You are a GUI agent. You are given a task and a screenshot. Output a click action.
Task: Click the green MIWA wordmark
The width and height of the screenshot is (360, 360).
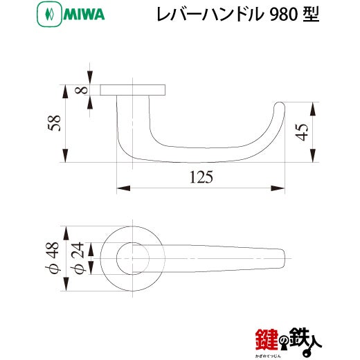[84, 15]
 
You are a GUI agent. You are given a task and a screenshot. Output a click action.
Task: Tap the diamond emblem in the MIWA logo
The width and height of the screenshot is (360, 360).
[50, 15]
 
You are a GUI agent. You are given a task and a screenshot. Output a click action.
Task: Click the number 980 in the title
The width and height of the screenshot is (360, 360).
[283, 15]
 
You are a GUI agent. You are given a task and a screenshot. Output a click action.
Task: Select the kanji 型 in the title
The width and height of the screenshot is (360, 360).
[311, 15]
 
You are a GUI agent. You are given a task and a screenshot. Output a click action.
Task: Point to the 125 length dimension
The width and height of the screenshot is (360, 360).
[201, 177]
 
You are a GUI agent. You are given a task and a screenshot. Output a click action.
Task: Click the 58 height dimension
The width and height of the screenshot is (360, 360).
[55, 123]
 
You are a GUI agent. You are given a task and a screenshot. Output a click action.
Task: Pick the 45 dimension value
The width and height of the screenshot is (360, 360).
[302, 132]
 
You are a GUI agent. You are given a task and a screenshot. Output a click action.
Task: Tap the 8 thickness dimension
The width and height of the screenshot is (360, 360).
[81, 90]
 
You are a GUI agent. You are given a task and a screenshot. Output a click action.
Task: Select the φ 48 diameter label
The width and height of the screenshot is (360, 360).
[53, 258]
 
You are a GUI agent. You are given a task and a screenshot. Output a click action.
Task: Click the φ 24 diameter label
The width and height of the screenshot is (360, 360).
[78, 258]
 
